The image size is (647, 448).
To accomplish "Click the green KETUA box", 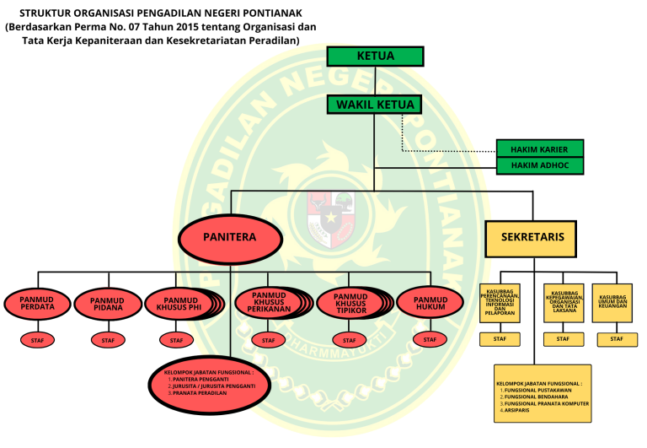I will point(375,57).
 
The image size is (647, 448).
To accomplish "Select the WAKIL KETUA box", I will point(375,105).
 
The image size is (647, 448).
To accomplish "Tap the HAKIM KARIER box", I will point(539,148).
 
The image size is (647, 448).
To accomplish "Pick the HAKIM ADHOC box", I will point(539,165).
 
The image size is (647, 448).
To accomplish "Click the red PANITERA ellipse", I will point(229,238).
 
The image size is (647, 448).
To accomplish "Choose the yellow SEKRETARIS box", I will point(532,238).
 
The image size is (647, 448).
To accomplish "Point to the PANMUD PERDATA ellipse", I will point(38,304).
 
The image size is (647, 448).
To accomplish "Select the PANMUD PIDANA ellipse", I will point(107,304).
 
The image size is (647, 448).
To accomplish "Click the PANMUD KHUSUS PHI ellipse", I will point(180,304).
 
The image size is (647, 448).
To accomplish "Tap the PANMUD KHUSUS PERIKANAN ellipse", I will point(268,304).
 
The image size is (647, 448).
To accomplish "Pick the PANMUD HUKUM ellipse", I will point(430,304).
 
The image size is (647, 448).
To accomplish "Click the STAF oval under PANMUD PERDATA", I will point(38,340).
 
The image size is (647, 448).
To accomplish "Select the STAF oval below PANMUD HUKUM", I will point(430,340).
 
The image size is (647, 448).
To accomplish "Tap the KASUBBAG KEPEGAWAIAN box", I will point(563,303).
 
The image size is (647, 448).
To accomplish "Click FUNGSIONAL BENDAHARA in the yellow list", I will point(536,397).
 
